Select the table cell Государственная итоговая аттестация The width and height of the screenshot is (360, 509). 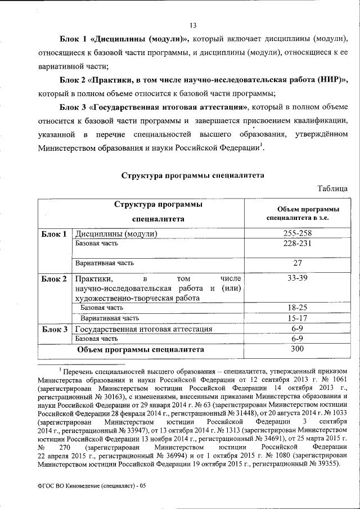click(x=143, y=329)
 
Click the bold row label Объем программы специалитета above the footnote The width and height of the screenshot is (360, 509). click(x=140, y=349)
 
